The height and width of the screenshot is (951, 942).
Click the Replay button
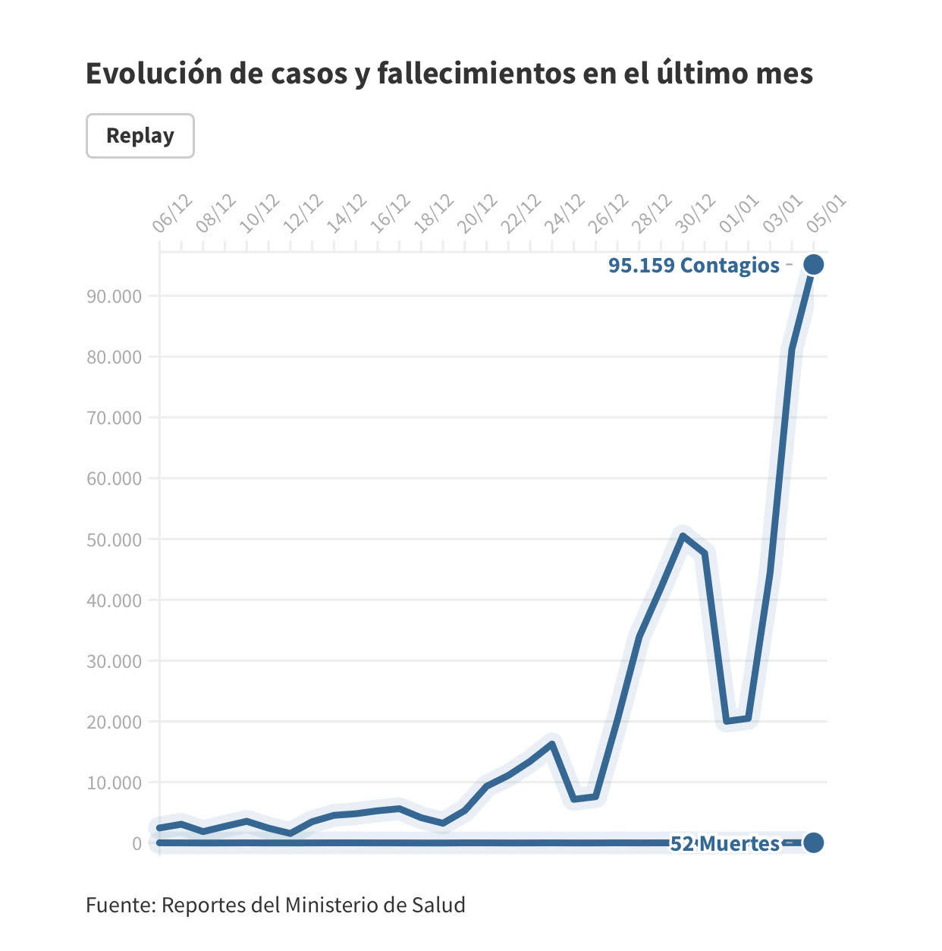140,136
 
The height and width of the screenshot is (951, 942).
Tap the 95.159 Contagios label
693,266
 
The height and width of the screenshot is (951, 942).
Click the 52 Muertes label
724,843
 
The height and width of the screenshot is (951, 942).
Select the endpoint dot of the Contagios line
813,264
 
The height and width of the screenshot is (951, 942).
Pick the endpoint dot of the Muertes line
813,842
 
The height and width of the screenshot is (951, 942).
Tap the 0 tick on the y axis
137,844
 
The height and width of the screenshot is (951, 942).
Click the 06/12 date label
172,213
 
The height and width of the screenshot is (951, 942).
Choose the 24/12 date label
564,213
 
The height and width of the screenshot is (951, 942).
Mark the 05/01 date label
826,213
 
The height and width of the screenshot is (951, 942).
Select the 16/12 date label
390,213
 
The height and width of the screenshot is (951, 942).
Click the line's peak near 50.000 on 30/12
683,536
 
